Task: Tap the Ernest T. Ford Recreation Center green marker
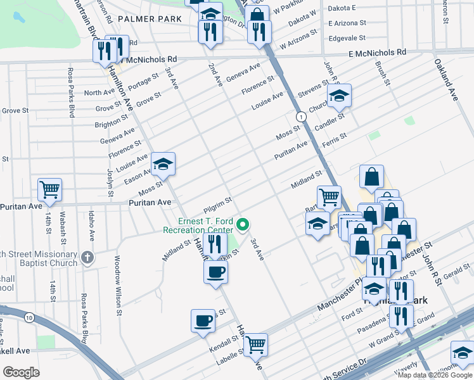242,224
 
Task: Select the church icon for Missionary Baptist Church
87,258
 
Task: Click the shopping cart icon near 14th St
49,189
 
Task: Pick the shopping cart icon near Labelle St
256,344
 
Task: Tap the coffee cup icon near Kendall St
203,320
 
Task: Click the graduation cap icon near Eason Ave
163,165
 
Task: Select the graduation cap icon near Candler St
339,96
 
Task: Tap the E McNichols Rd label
376,54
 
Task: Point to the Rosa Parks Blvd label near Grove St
70,92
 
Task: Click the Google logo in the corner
21,372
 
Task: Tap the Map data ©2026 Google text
434,375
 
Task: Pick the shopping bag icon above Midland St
371,177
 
